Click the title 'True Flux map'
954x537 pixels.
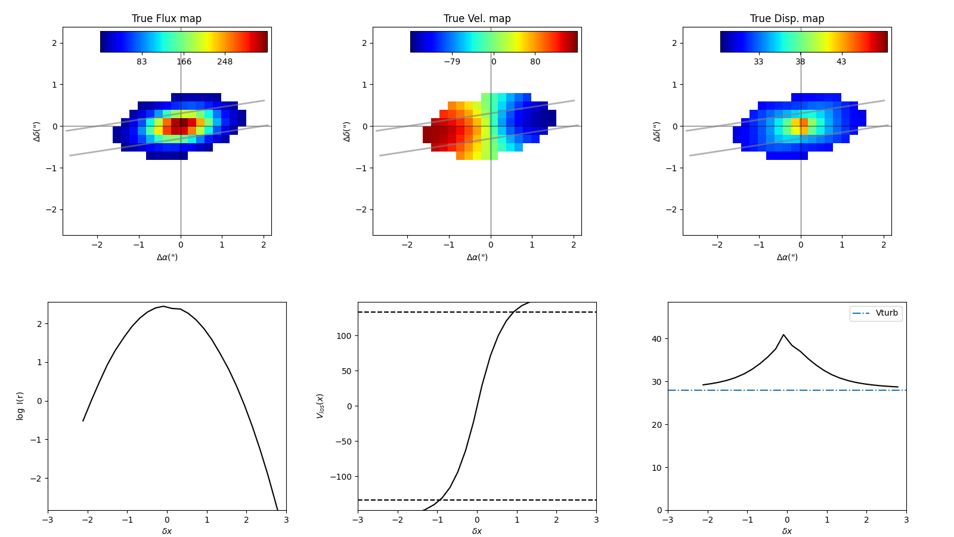(x=166, y=18)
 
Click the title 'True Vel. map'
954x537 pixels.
(x=477, y=18)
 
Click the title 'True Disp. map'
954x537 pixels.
(x=787, y=18)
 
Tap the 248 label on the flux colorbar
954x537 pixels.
(x=225, y=62)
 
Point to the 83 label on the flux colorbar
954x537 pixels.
(x=142, y=62)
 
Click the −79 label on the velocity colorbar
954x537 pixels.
(x=452, y=62)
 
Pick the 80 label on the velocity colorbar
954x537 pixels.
(x=535, y=62)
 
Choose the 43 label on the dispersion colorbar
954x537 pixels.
(x=841, y=62)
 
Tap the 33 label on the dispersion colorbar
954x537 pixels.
(x=758, y=62)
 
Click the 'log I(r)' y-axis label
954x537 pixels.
(x=20, y=406)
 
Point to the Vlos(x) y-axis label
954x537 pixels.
(x=320, y=406)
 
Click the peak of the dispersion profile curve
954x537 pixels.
(x=783, y=335)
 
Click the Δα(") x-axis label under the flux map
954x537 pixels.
(x=167, y=257)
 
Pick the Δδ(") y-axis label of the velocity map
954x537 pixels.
(x=346, y=131)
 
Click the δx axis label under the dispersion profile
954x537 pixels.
(x=787, y=531)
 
